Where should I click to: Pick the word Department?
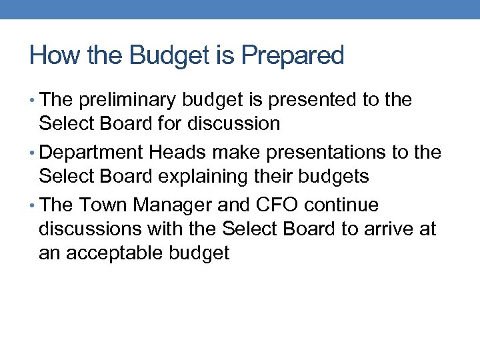91,153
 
